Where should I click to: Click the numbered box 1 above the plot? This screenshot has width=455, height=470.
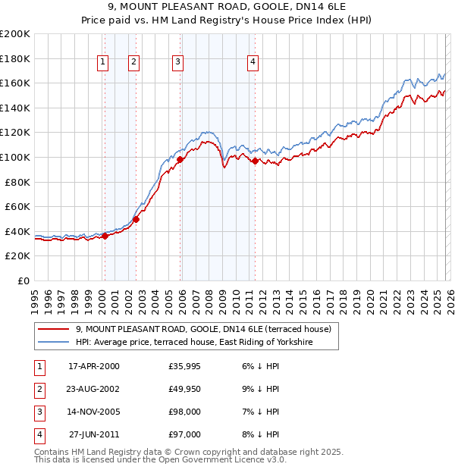coord(102,63)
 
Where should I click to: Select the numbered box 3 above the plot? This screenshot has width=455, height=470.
coord(177,63)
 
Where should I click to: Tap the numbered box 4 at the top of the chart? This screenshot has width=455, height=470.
coord(253,63)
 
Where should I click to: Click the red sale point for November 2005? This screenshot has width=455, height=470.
coord(180,160)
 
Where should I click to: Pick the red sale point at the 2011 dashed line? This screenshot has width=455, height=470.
coord(255,161)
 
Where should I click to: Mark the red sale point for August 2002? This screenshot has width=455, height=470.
coord(136,220)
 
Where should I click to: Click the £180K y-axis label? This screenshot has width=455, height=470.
coord(15,58)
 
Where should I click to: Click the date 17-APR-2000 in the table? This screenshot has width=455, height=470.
coord(93,366)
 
